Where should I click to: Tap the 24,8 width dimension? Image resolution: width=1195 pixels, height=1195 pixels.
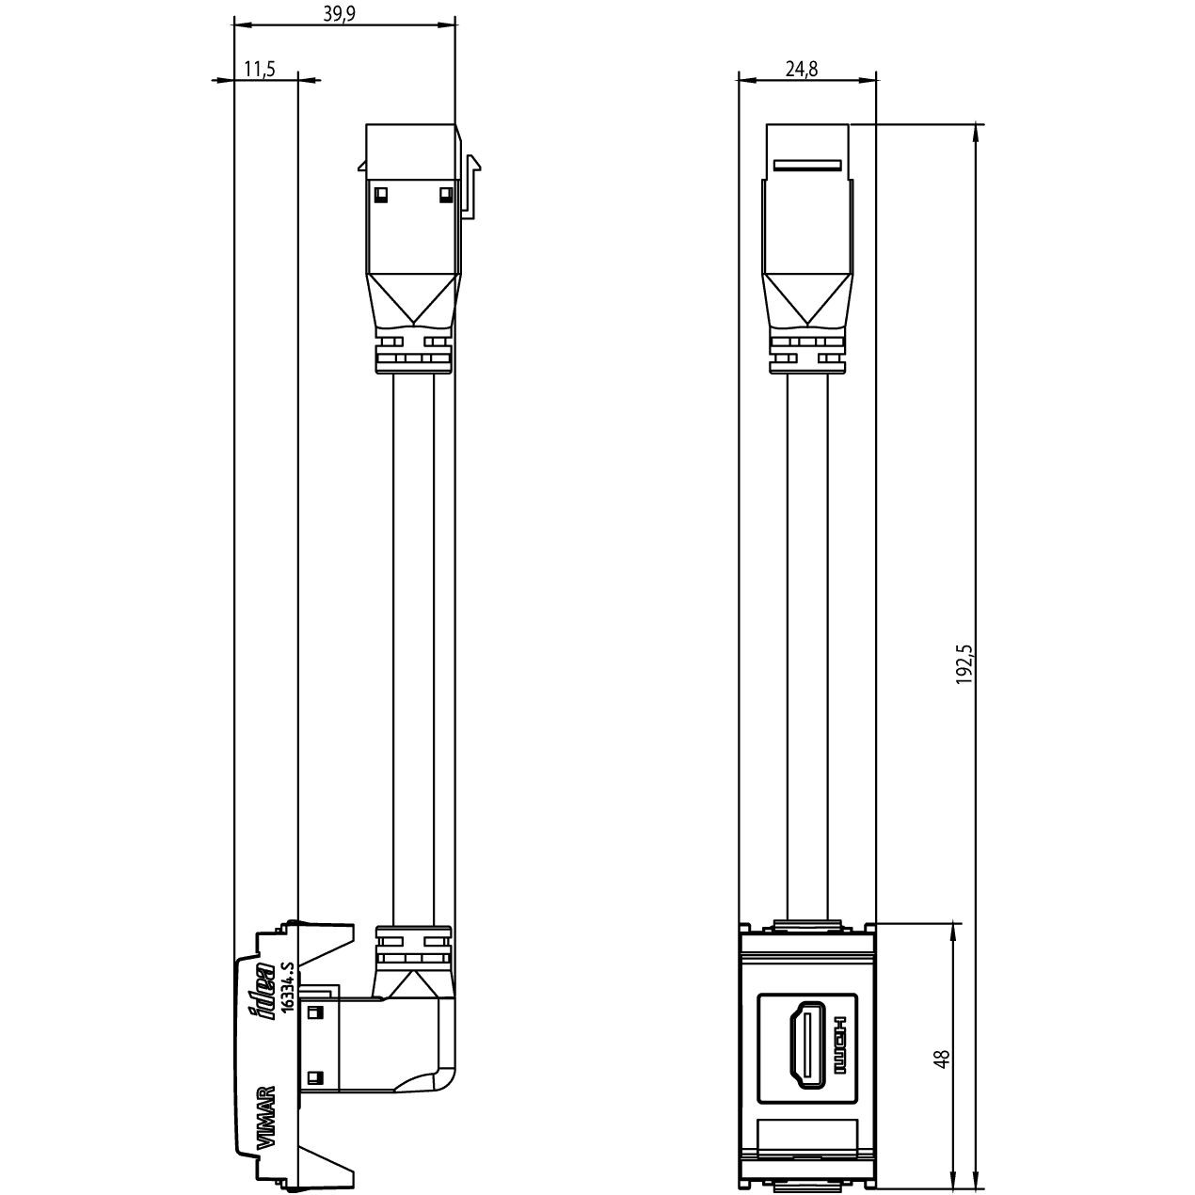pos(800,69)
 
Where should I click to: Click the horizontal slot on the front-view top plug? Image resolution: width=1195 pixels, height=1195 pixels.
pos(806,166)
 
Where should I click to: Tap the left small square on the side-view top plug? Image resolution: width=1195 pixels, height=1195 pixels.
pos(380,195)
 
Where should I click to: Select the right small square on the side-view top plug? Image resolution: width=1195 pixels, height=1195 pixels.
pos(445,195)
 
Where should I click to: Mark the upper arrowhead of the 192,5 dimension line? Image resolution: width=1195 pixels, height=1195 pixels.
pos(976,133)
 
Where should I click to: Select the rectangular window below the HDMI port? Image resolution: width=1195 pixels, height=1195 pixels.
pos(807,1138)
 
